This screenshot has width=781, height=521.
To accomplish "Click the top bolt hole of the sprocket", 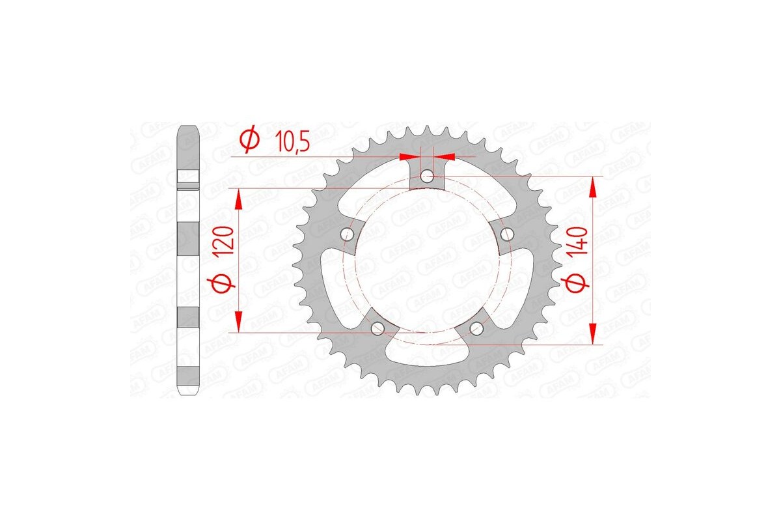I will click(x=426, y=176).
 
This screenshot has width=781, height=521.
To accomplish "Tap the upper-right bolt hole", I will click(x=507, y=233).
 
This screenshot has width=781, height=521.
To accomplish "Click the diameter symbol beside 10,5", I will click(x=249, y=139).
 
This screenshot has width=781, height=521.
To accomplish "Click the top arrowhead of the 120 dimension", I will click(x=239, y=198).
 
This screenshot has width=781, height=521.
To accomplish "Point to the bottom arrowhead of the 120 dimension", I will click(x=239, y=321).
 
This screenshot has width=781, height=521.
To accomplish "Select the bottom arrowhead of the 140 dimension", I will click(x=592, y=333).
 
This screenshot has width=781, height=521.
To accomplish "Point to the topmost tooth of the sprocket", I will click(x=426, y=130).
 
